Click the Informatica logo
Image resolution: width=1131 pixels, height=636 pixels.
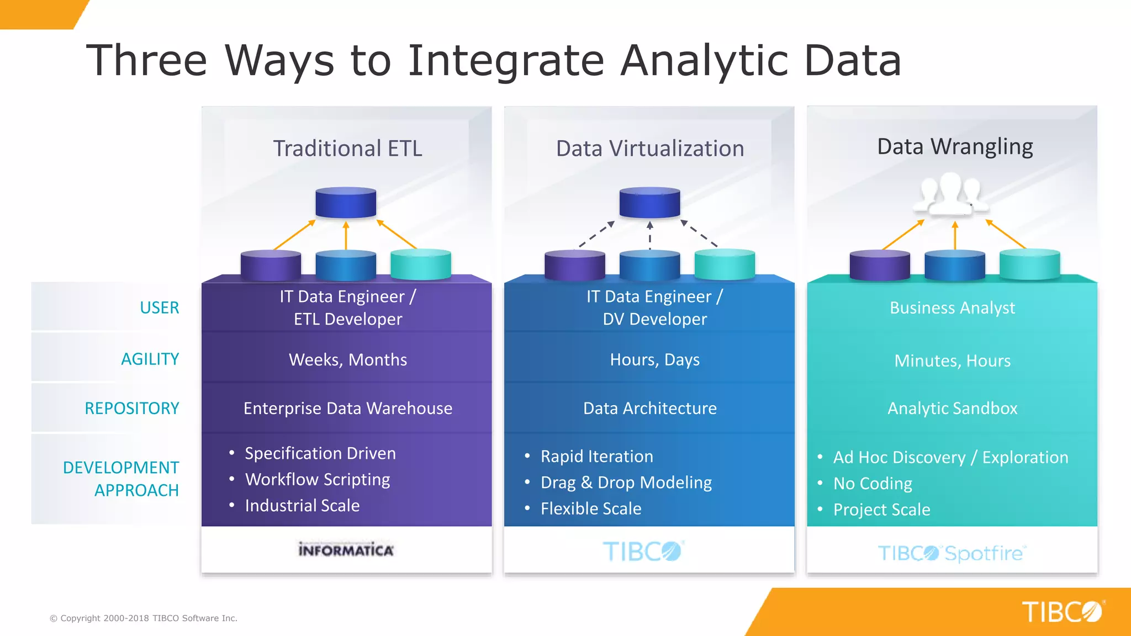[x=346, y=550]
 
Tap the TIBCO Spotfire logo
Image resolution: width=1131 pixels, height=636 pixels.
[x=952, y=553]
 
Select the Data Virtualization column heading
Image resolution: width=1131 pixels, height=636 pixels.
[x=649, y=149]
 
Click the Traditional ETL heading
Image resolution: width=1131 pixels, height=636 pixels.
[x=347, y=149]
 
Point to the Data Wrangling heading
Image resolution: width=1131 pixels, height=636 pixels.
[x=955, y=147]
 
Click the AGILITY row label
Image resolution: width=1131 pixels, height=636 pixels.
[x=150, y=359]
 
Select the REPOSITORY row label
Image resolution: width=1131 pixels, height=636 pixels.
[x=132, y=409]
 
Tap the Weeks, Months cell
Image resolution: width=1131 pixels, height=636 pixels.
[x=348, y=360]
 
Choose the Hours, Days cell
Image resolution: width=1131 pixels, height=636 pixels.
[x=654, y=360]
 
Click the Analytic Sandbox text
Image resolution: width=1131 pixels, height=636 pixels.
[x=952, y=409]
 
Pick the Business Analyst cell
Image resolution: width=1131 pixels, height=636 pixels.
[x=952, y=308]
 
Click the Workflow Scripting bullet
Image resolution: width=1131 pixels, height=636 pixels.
[x=318, y=480]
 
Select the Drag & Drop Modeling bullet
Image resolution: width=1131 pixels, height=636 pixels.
[x=626, y=483]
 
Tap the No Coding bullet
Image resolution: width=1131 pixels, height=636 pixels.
[x=873, y=484]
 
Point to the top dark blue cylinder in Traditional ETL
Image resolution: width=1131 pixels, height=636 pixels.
[x=346, y=203]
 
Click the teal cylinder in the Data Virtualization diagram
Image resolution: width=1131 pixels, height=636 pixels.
[x=725, y=264]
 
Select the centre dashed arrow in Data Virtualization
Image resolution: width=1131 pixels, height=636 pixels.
[x=650, y=236]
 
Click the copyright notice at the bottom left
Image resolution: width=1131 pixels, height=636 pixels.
[x=144, y=618]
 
